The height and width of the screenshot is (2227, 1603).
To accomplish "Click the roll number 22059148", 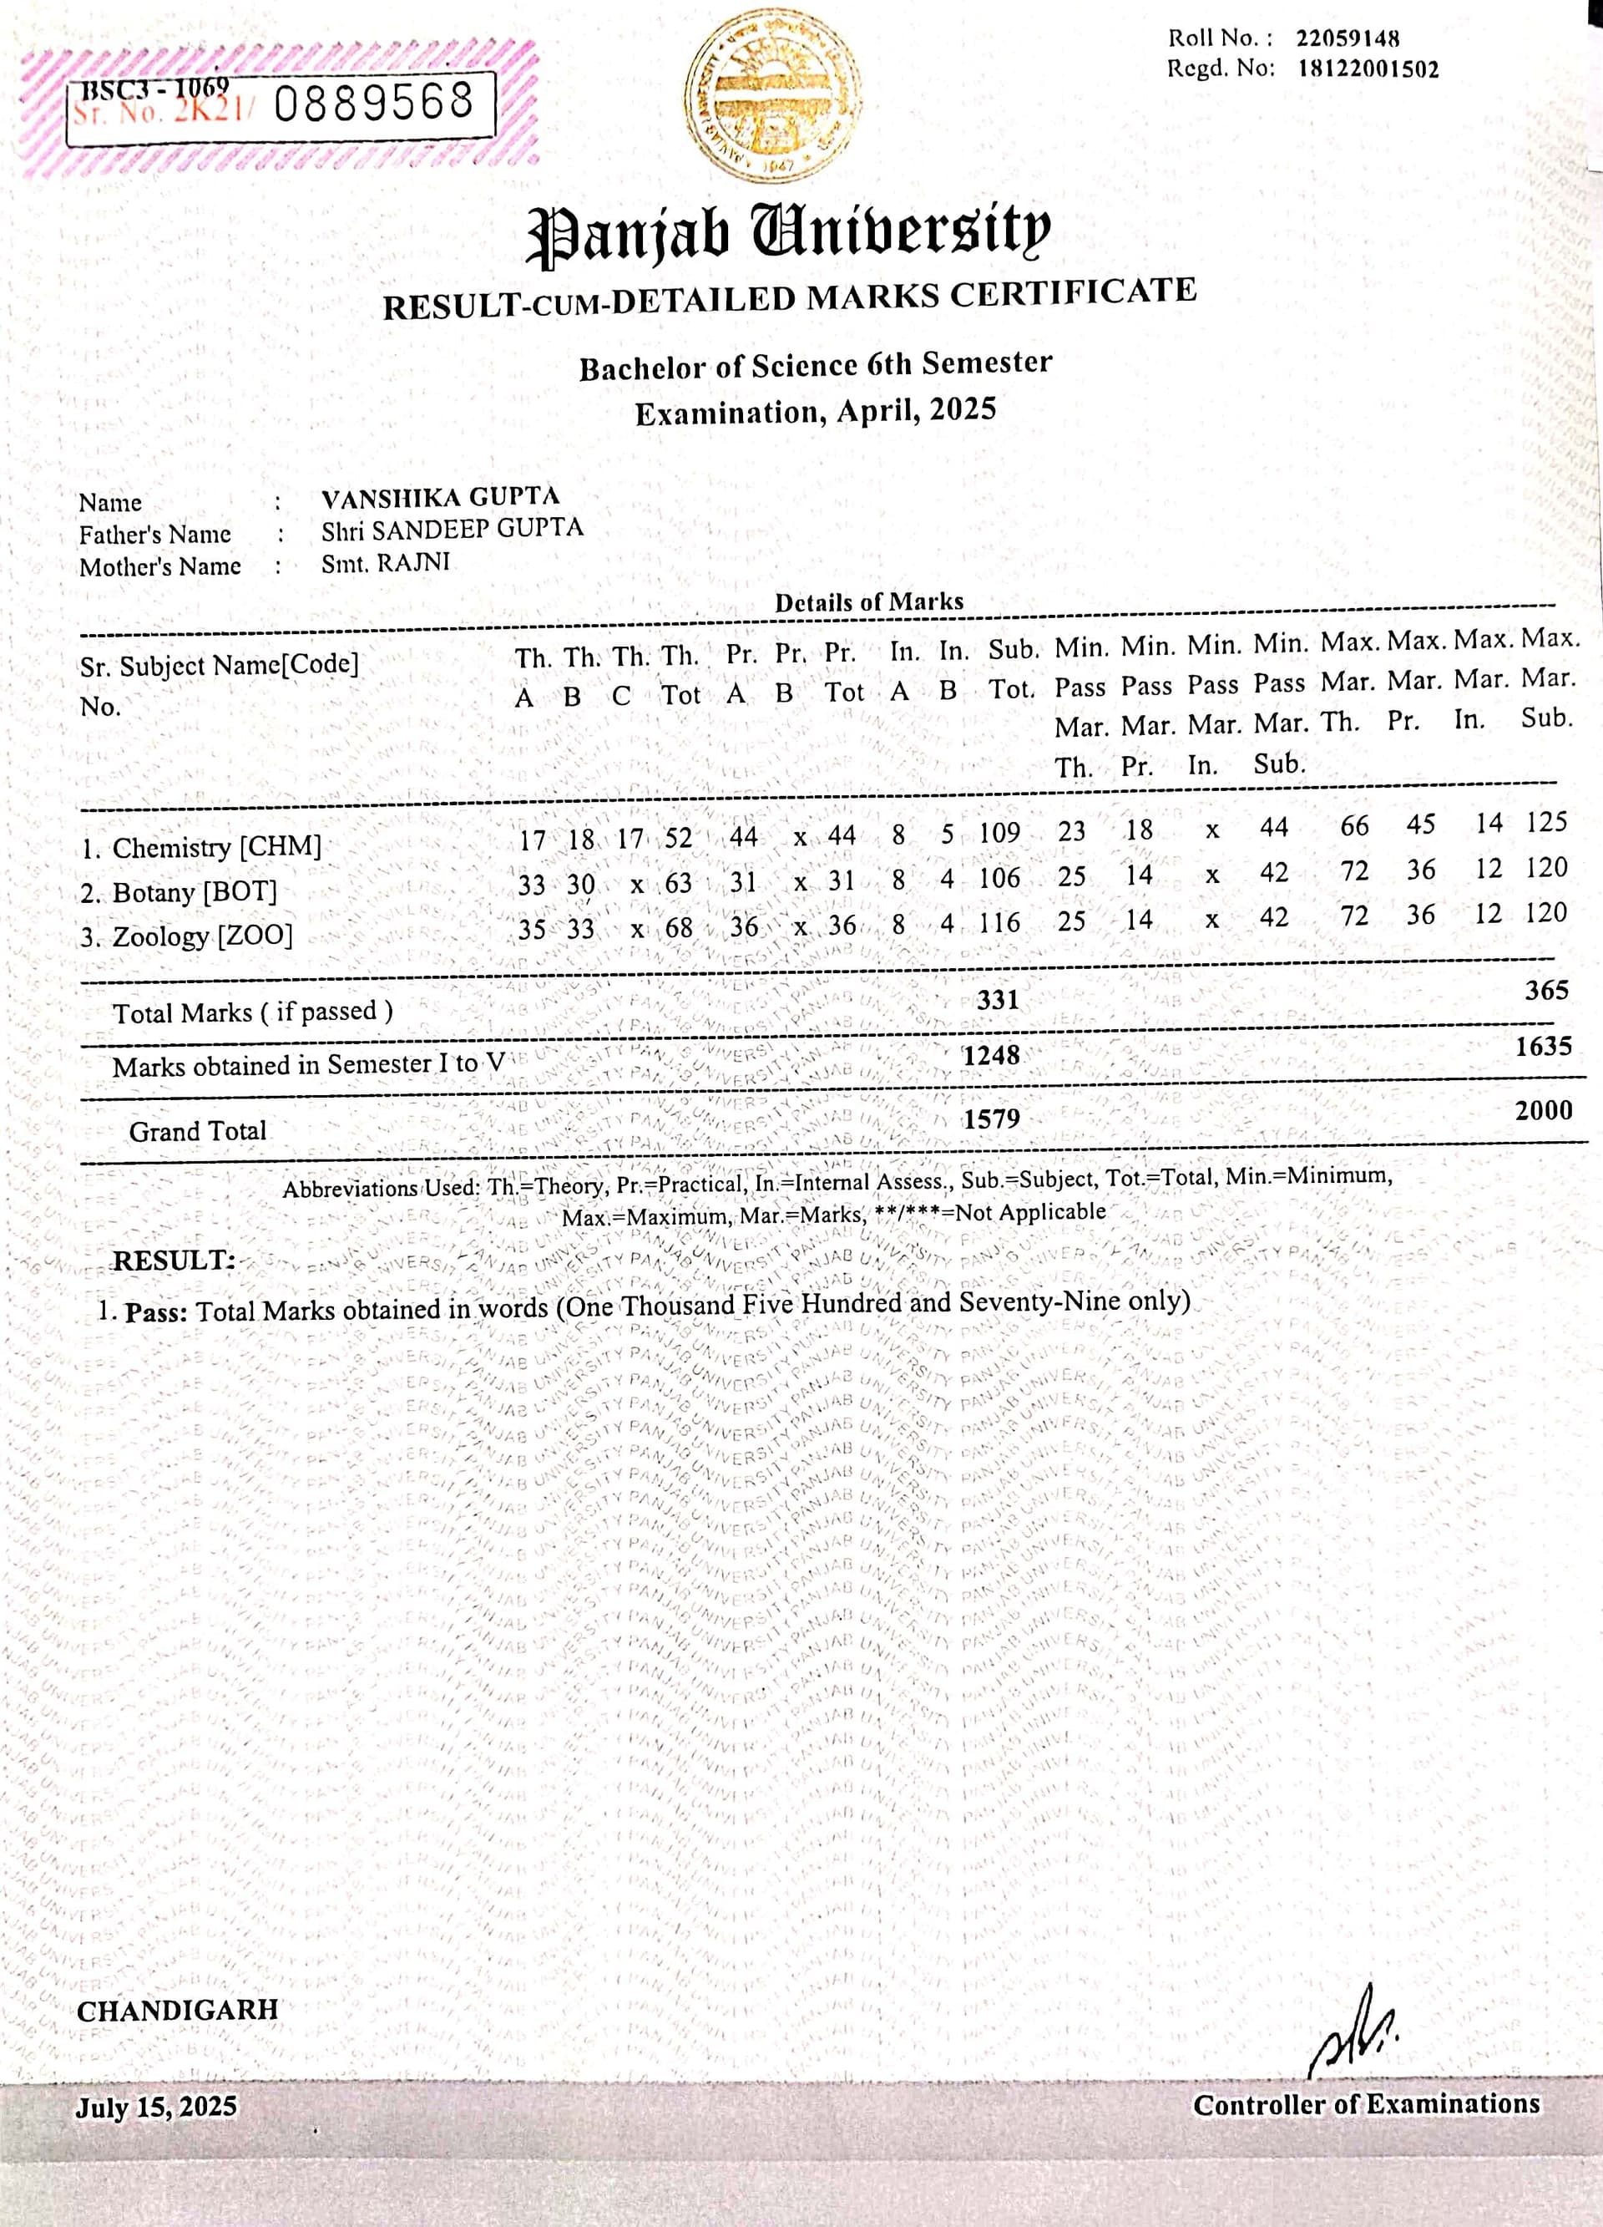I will click(1347, 39).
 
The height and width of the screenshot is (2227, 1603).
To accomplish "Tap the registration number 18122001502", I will click(1368, 69).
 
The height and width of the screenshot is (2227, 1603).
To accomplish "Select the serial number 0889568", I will click(374, 103).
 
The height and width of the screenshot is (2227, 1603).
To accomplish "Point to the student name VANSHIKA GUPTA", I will click(440, 498).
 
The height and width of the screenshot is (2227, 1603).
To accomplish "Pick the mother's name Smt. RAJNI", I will click(386, 564).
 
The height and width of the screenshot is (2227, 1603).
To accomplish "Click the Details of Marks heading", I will click(869, 602).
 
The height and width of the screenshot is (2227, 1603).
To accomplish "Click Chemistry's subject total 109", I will click(999, 833).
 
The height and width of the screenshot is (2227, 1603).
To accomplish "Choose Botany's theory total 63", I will click(678, 883).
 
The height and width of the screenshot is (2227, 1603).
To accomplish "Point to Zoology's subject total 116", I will click(999, 923).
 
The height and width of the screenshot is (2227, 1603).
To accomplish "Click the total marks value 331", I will click(998, 1000).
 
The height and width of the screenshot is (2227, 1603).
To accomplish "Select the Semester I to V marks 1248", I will click(992, 1056).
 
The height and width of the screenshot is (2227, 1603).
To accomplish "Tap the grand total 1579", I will click(992, 1119).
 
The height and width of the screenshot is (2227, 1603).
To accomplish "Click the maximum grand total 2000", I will click(1543, 1110).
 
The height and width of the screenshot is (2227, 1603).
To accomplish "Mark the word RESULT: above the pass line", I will click(174, 1261).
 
